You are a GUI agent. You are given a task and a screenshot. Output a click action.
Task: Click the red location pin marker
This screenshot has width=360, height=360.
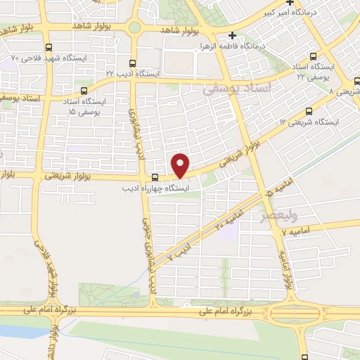[181, 165]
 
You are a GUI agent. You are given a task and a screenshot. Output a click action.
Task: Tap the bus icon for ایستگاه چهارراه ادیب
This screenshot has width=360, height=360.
[155, 176]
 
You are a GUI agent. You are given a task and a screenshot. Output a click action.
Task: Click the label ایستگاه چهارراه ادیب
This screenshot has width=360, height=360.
[153, 188]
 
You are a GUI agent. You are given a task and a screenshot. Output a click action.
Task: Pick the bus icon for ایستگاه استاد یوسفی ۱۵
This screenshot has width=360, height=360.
[84, 91]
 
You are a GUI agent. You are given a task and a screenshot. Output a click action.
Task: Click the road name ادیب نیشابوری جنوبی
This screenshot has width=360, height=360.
[149, 257]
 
